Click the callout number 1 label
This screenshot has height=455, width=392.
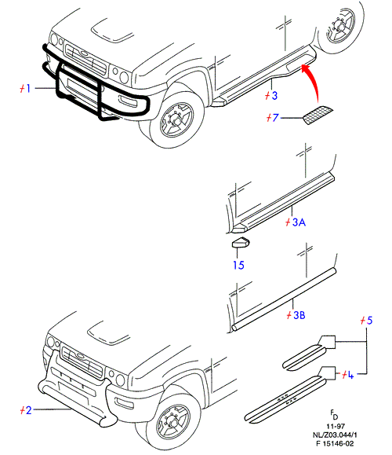pos(25,88)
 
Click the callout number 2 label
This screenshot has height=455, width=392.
pos(26,410)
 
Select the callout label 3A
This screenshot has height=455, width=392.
pos(296,222)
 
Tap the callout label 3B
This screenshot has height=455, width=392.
pos(296,315)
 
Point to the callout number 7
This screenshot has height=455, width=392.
pos(272,118)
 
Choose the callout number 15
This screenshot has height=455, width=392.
pos(238,265)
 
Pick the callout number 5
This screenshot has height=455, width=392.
pos(366,321)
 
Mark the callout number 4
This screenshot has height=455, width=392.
pos(348,375)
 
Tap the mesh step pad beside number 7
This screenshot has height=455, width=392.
pos(318,116)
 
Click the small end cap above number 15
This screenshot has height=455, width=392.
pos(241,242)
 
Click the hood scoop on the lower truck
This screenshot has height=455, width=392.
pos(108,333)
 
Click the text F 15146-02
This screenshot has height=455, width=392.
pos(335,444)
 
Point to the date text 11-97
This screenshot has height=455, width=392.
pos(336,426)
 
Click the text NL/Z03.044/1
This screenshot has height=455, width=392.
pos(335,435)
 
